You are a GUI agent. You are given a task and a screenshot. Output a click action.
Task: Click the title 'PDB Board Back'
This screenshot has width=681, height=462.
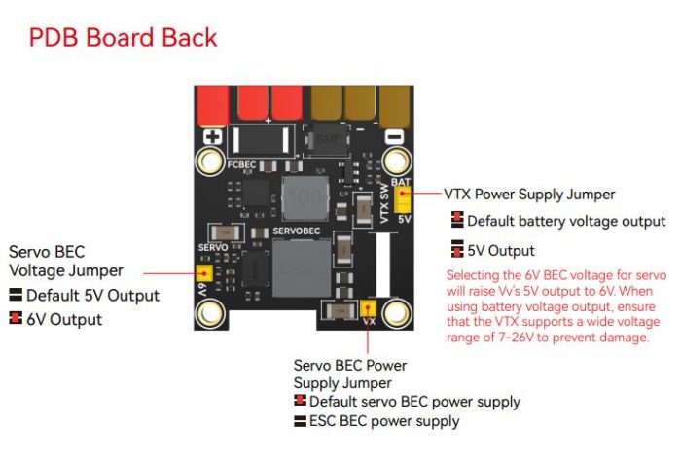coord(123,38)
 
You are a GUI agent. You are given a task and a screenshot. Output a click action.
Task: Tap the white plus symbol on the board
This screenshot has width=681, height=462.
coord(213,138)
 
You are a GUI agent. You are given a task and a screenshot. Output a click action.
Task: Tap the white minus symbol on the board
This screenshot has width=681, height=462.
coord(393,138)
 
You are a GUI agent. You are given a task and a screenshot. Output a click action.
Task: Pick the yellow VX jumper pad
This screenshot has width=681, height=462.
coord(369,310)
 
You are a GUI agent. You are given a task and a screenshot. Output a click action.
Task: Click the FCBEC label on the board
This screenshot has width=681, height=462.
coord(241,165)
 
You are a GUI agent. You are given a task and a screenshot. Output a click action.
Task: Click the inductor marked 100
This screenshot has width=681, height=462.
coord(305,196)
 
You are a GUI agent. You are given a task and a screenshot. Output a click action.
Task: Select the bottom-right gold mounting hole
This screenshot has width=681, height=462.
coord(395,313)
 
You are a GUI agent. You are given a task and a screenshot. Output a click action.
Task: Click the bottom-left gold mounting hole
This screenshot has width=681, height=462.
coord(210,313)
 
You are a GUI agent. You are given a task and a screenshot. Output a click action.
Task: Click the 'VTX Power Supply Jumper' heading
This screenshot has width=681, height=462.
coord(528,195)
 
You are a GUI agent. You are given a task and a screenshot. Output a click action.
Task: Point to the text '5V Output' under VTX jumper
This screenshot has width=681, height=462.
coord(502,250)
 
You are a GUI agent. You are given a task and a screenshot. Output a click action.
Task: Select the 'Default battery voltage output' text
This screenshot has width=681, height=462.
coord(566,221)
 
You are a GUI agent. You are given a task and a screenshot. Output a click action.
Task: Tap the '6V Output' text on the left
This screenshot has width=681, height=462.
coord(64,318)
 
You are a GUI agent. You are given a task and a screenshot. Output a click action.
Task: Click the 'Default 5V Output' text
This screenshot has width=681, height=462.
coord(92,295)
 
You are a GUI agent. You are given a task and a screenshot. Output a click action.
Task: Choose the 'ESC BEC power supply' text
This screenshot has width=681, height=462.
coord(384,421)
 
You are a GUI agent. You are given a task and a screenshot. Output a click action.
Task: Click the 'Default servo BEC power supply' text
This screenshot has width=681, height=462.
coord(414,401)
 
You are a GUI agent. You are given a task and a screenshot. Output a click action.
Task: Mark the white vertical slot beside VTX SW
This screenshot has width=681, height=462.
coord(381,263)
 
